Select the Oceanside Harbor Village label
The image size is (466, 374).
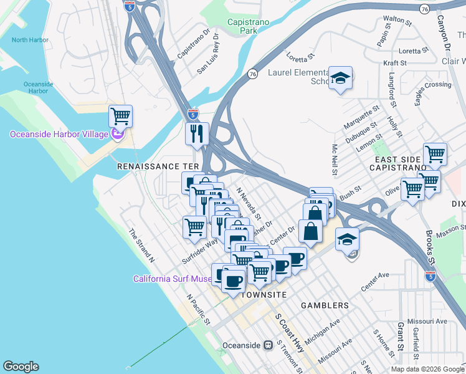(59, 135)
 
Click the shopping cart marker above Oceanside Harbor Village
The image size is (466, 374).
(120, 115)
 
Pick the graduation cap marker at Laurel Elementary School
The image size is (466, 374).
(340, 78)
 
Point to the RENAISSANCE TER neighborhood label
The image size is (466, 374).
(158, 167)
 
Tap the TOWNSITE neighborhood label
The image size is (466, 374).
(264, 294)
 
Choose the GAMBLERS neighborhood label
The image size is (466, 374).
(325, 305)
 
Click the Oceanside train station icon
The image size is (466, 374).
(268, 345)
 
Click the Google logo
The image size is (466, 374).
(21, 367)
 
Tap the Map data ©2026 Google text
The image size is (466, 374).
(427, 369)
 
